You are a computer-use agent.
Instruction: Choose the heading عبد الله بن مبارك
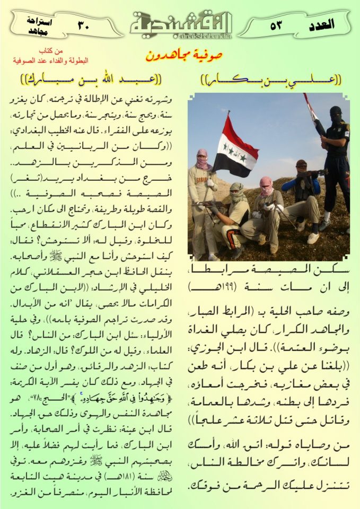click(93, 81)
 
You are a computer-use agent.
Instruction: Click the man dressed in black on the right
click(336, 159)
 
